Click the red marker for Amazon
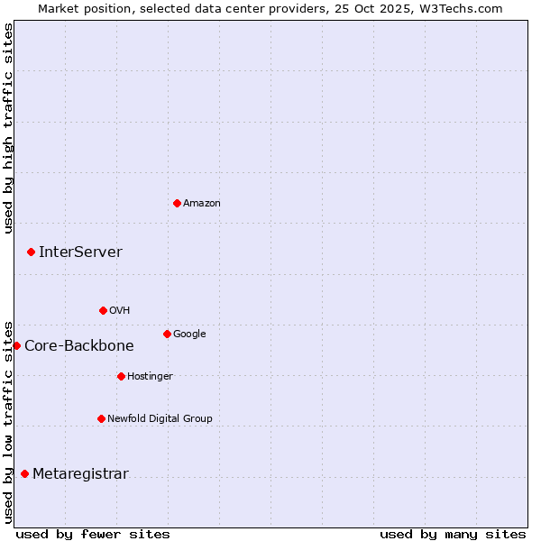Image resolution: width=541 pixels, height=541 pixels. click(x=177, y=203)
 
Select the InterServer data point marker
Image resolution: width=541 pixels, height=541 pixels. click(x=31, y=252)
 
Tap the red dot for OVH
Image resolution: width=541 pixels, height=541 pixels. click(x=103, y=310)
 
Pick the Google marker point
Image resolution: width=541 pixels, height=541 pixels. click(x=167, y=334)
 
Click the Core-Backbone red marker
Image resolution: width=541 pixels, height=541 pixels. click(x=16, y=345)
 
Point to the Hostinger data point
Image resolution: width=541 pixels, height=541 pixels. click(x=121, y=376)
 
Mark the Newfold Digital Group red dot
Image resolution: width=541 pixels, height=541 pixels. click(x=101, y=418)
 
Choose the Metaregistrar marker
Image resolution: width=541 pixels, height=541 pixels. click(x=24, y=473)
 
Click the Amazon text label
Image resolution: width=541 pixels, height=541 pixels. click(x=202, y=204)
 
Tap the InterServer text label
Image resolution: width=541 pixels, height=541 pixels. click(x=80, y=252)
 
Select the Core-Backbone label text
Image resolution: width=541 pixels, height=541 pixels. click(x=79, y=346)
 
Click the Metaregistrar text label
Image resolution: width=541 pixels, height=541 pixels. click(x=80, y=474)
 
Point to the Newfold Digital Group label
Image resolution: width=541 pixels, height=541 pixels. click(x=160, y=418)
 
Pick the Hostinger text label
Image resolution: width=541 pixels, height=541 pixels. click(x=150, y=376)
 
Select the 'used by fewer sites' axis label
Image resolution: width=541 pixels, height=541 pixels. click(x=93, y=534)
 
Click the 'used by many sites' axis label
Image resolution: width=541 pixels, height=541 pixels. click(x=453, y=534)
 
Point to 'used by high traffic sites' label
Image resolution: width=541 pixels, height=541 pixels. click(x=8, y=128)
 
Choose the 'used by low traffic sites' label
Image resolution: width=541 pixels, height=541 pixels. click(x=8, y=421)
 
